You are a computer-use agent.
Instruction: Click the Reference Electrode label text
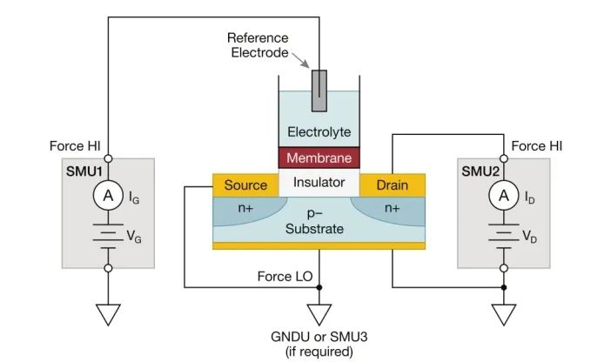tap(258, 45)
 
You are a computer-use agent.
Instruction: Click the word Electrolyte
tap(319, 132)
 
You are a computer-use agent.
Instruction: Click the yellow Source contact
tap(245, 184)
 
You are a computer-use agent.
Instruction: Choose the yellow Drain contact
tap(391, 184)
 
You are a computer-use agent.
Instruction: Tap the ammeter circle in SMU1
tap(109, 198)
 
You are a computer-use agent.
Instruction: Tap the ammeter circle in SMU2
tap(503, 198)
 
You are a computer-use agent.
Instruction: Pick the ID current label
tap(530, 199)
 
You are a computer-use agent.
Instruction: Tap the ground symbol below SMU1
tap(109, 313)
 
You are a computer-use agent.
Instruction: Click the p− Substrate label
tap(319, 222)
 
